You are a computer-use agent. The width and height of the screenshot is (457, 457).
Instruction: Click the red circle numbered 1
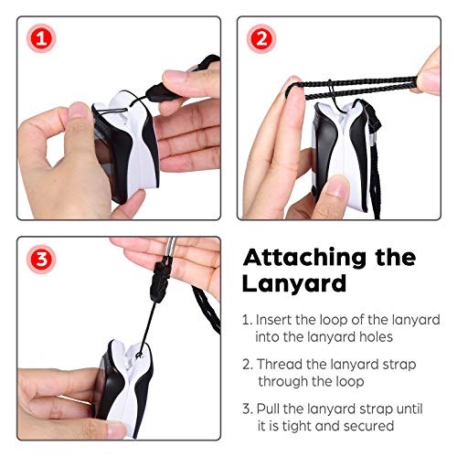pos(41,38)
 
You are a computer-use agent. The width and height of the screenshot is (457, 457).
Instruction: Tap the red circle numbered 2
pos(261,38)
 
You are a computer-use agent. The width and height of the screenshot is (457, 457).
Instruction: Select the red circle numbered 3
pos(41,260)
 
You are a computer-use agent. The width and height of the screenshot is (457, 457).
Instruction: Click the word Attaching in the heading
pos(304,259)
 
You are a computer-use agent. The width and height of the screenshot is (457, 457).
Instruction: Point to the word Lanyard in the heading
pos(294,283)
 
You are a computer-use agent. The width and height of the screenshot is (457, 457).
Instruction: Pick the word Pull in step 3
pos(268,409)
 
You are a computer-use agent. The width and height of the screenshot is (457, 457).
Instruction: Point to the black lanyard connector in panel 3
pos(160,280)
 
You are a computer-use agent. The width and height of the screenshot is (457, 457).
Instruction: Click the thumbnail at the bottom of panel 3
pos(116,430)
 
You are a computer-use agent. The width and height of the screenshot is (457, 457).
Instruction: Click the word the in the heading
pos(396,258)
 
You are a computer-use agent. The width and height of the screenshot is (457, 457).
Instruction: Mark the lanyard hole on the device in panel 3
pos(139,355)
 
